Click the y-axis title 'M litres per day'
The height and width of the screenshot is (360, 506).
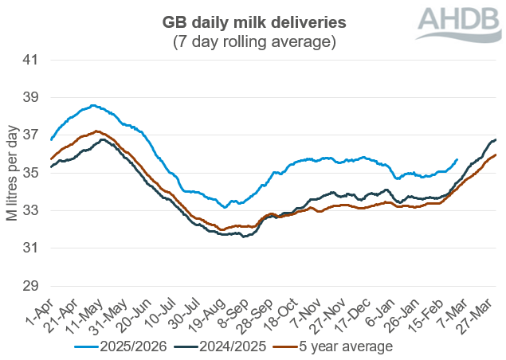[x=13, y=173]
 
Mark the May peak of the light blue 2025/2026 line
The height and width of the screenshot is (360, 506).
[x=93, y=105]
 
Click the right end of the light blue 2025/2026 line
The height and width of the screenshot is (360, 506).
[x=457, y=159]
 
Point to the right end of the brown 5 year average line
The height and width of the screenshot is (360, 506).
[x=496, y=155]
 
